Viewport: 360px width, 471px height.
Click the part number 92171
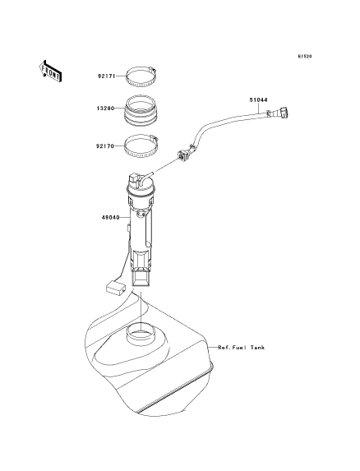107,76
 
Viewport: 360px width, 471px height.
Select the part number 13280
106,109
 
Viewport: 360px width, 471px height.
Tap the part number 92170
105,146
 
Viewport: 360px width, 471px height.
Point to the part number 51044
259,99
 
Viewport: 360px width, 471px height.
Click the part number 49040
110,217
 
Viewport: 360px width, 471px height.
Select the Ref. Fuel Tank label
242,348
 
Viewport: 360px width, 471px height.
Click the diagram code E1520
305,56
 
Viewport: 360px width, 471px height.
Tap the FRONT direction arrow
50,71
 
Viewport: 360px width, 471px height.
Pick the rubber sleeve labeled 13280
141,110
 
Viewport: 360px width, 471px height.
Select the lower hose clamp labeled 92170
141,146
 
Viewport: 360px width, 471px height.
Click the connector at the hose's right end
283,113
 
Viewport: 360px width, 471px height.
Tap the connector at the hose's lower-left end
182,154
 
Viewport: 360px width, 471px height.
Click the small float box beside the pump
116,288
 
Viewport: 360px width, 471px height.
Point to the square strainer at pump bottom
141,278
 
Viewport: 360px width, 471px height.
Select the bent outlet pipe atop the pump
147,177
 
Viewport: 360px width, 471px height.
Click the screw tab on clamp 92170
154,139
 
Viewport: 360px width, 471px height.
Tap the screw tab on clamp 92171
153,71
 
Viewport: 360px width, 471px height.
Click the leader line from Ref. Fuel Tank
213,348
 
